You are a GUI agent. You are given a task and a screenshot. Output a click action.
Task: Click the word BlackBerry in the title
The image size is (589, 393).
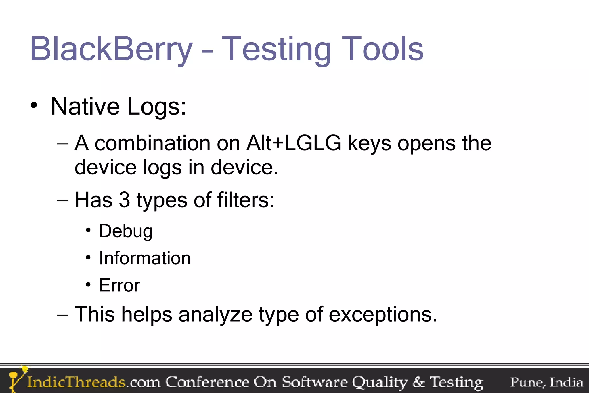point(112,49)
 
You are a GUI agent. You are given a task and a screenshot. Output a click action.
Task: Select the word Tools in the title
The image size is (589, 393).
point(382,49)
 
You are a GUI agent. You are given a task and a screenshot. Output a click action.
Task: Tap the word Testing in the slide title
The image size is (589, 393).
point(276,50)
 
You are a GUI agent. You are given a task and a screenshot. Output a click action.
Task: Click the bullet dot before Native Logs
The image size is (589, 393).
point(34,106)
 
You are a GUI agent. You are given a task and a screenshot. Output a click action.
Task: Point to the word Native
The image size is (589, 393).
point(85,106)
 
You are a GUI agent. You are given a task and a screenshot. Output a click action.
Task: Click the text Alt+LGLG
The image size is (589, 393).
point(293,143)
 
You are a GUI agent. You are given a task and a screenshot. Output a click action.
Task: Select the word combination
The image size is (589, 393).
point(152,143)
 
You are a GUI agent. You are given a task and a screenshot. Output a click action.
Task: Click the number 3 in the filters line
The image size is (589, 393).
point(124,200)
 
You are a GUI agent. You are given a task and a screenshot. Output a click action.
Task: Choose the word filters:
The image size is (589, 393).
point(246,200)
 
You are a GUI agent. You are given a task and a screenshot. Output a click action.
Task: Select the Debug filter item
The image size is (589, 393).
point(126,231)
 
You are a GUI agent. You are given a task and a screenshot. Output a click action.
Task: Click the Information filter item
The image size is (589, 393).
point(145,258)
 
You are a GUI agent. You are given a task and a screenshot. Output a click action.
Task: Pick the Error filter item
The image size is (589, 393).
point(119,285)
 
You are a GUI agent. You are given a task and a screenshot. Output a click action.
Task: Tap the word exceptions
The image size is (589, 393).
point(383,314)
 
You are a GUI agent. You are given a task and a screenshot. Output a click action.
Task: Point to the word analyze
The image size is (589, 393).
point(215,315)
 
